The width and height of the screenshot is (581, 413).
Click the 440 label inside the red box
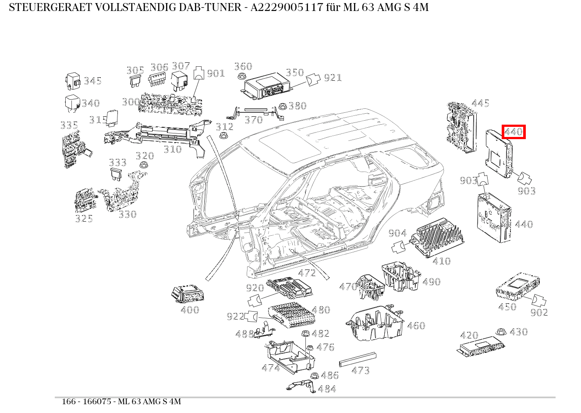(x=514, y=132)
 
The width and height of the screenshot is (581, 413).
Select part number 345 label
(x=92, y=81)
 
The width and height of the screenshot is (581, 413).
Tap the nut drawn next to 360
(x=241, y=77)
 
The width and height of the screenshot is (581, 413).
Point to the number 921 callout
(x=333, y=78)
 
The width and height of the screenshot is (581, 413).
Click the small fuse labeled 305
(x=135, y=81)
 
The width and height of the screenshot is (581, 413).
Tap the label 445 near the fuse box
(x=480, y=103)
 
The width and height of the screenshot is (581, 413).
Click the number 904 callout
(x=397, y=233)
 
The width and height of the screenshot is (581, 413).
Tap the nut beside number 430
(x=500, y=332)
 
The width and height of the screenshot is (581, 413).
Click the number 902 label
(x=539, y=312)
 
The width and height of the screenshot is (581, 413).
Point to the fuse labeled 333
(x=117, y=174)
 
